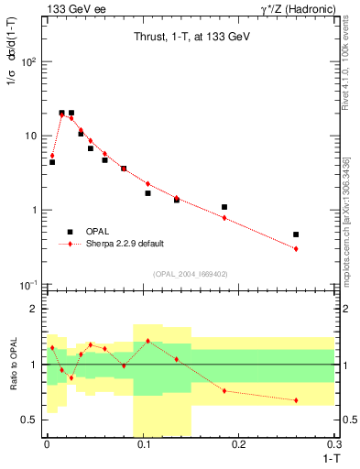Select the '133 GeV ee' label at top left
(72, 8)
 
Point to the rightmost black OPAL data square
(296, 234)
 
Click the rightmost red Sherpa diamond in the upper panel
(296, 249)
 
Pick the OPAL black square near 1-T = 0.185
(224, 207)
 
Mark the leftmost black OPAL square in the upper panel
(52, 162)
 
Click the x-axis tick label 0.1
(143, 443)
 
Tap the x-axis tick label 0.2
(239, 443)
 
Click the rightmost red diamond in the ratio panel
(296, 400)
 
